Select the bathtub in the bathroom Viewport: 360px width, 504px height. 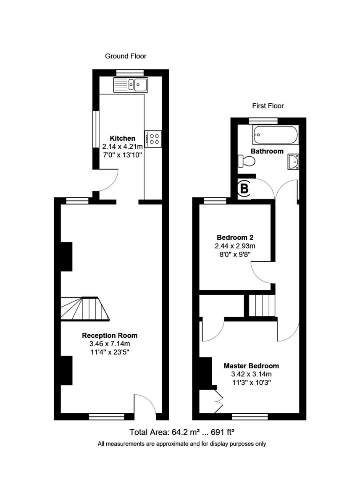click(x=276, y=135)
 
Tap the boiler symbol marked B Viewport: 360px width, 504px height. click(x=244, y=189)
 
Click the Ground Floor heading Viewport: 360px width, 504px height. click(x=126, y=56)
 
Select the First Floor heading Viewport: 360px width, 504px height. click(x=268, y=106)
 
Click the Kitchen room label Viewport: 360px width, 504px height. click(x=123, y=138)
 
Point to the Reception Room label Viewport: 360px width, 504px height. click(x=110, y=335)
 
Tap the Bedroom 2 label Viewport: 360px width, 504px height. click(x=235, y=237)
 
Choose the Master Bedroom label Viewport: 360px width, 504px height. click(x=251, y=366)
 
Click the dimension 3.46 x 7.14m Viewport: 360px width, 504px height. click(x=110, y=344)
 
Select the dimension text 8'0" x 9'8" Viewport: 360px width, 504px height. click(x=235, y=254)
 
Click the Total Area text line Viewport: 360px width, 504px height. click(x=181, y=432)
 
